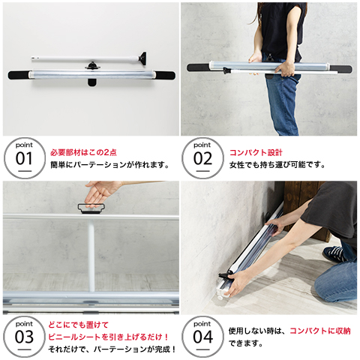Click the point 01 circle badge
25,158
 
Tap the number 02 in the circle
202,159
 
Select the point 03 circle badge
25,337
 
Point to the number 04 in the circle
202,337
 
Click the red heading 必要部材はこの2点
83,152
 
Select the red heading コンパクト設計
256,152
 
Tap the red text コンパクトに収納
320,331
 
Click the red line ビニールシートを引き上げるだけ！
109,337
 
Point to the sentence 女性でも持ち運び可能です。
277,165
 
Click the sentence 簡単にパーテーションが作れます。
110,165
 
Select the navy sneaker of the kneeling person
335,253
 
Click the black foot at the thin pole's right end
142,58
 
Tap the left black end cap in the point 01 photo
19,75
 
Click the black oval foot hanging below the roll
91,82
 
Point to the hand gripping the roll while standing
285,69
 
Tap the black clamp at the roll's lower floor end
226,274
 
